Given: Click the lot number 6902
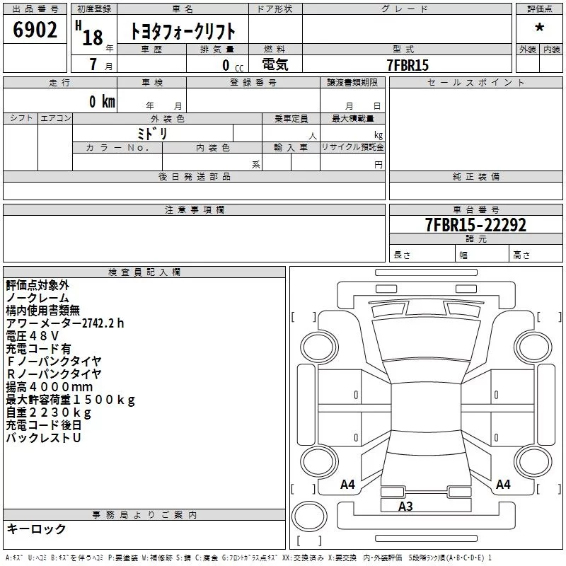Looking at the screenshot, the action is tap(35, 30).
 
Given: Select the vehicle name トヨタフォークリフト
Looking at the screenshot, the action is tap(183, 31).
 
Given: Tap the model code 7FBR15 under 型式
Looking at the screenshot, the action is tap(408, 65).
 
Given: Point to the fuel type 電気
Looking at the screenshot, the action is tap(275, 64).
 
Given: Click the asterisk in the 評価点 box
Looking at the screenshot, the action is tap(539, 28).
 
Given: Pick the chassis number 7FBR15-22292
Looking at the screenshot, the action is tap(475, 224).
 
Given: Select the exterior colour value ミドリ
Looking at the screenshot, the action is tap(153, 133).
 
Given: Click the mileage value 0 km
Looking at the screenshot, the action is tap(102, 101).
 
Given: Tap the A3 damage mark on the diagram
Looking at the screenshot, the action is tap(405, 507).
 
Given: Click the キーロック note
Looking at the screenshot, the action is tap(36, 529).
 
